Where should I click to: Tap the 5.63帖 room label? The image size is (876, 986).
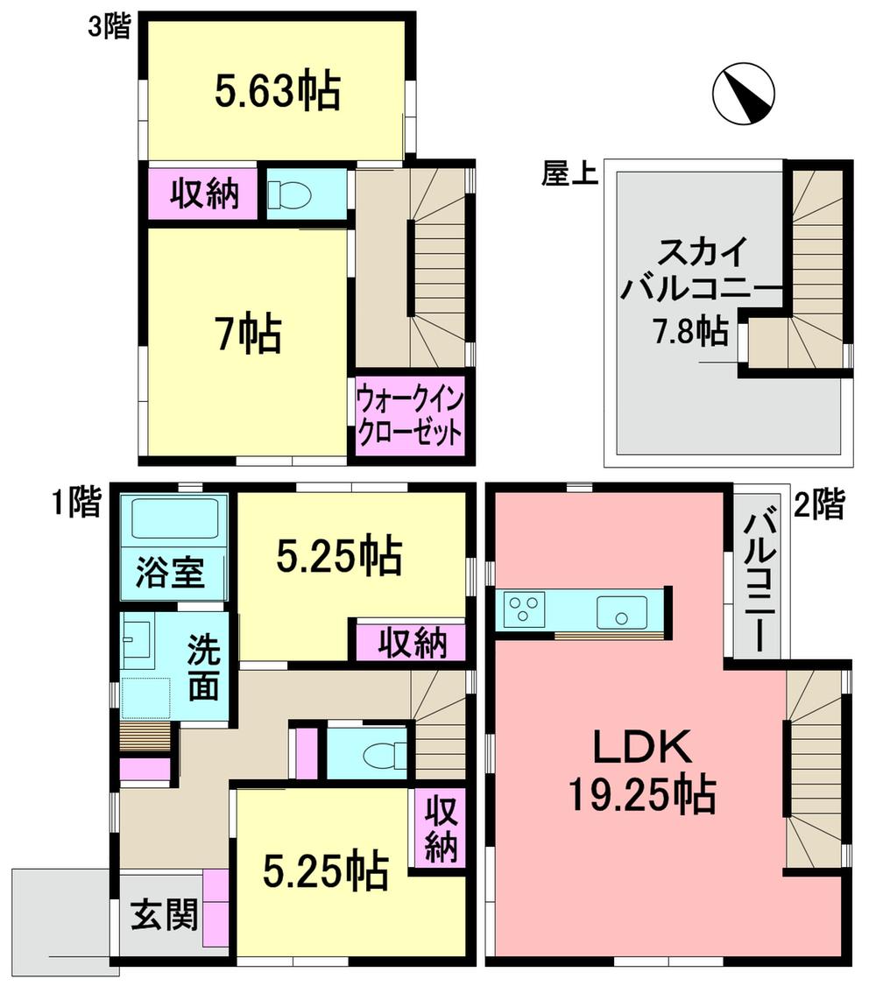pos(277,90)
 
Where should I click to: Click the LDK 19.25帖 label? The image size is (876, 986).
pos(642,770)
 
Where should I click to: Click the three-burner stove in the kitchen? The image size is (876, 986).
pos(524,609)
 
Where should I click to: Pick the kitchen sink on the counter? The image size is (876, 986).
pos(622,610)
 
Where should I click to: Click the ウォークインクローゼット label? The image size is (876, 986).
pos(409,419)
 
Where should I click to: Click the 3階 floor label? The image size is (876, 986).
pos(108,26)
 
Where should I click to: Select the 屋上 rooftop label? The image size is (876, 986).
pos(569,175)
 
